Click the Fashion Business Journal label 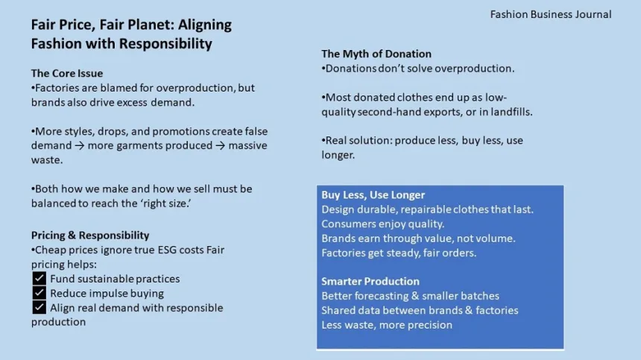click(x=551, y=14)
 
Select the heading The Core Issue click(x=67, y=73)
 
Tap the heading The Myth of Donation click(x=376, y=54)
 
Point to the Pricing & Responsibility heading click(x=90, y=235)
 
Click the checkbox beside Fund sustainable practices click(x=40, y=279)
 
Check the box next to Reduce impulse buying click(x=40, y=293)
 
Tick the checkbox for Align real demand click(x=40, y=307)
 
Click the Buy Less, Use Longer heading click(x=373, y=195)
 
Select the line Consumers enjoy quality click(x=382, y=224)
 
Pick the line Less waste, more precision click(x=387, y=325)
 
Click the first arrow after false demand click(x=80, y=145)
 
